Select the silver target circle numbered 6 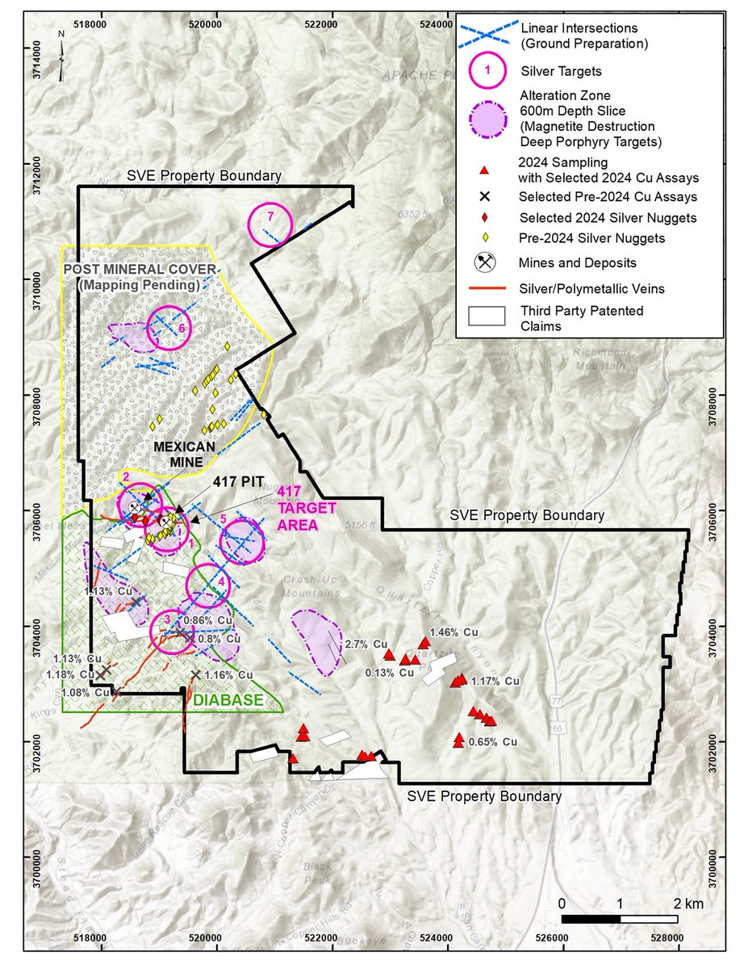click(x=168, y=328)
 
